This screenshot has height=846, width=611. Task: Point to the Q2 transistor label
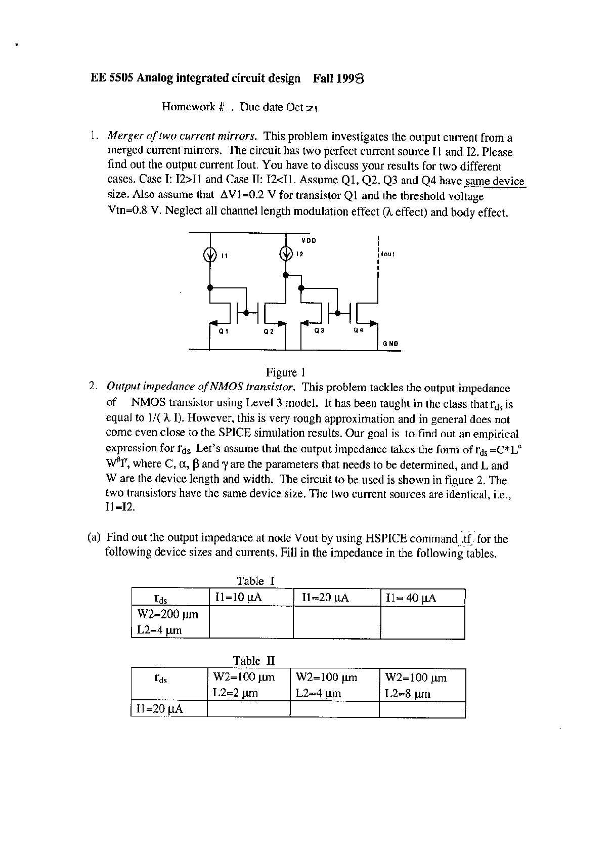[269, 332]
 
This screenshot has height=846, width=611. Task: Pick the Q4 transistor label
[358, 330]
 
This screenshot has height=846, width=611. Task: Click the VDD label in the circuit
[309, 240]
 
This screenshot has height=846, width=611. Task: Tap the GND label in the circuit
[390, 344]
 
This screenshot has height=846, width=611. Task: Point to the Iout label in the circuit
[387, 253]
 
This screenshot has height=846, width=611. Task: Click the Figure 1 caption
[285, 372]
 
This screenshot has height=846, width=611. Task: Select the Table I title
[255, 581]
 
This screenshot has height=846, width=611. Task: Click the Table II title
[253, 660]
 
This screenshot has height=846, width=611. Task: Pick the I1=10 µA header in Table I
[238, 598]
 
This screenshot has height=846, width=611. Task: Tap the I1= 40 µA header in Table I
[410, 598]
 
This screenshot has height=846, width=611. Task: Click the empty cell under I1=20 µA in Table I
[336, 622]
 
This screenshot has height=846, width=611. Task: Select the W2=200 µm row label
[168, 614]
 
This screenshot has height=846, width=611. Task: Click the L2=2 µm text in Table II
[235, 693]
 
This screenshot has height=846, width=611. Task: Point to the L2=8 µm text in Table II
[407, 693]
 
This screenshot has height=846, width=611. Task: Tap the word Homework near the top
[189, 107]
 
